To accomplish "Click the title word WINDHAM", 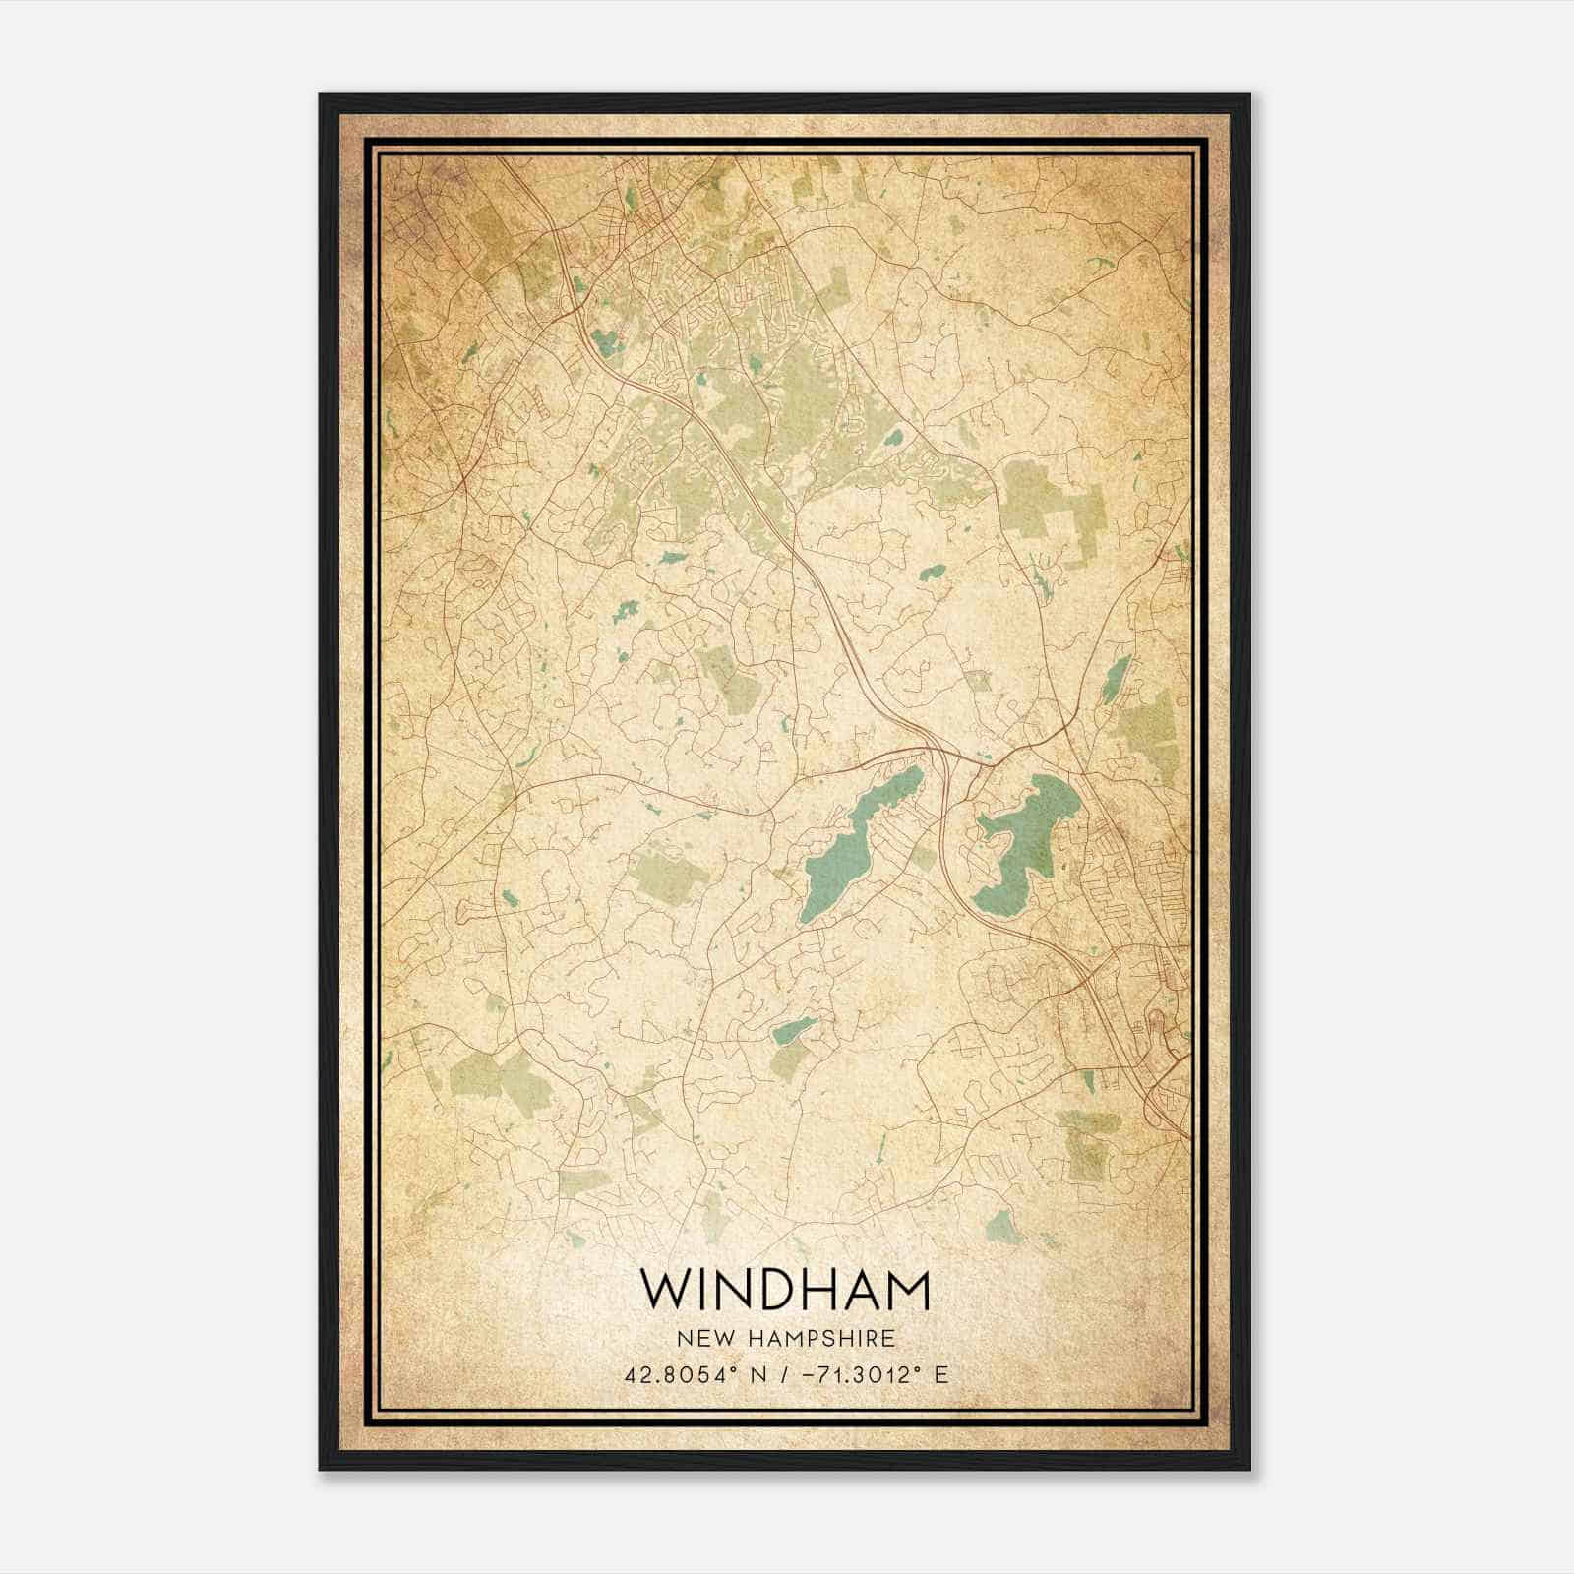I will tap(784, 1290).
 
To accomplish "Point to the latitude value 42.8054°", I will tap(676, 1374).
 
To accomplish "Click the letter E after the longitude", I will tap(941, 1374).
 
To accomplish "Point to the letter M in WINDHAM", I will tap(906, 1290).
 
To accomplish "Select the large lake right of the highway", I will tap(1023, 836).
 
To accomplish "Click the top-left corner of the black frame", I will tap(322, 96).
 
